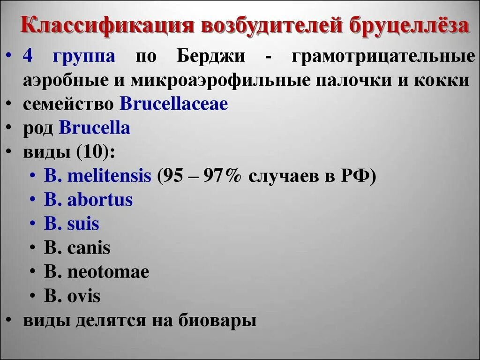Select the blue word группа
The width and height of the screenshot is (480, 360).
(x=84, y=57)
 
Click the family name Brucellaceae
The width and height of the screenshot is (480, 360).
(x=174, y=104)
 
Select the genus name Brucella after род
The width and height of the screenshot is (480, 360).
(x=94, y=128)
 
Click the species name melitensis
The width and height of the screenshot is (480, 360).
(x=109, y=176)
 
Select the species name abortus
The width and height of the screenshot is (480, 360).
(x=100, y=200)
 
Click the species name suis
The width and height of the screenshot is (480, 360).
(x=83, y=224)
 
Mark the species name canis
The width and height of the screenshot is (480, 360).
(x=89, y=248)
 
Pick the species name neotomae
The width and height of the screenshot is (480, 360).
(x=108, y=272)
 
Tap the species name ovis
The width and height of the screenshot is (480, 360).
(x=83, y=296)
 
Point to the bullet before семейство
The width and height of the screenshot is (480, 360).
(x=10, y=105)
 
